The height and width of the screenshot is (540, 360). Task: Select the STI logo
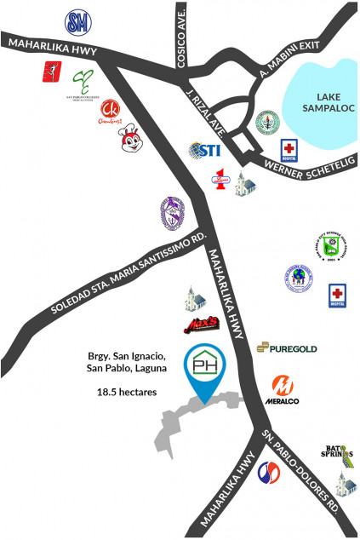tap(205, 151)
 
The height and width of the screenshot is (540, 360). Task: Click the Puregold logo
tap(286, 347)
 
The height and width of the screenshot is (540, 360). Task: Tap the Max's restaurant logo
tap(203, 325)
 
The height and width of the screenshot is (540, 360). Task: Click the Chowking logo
tap(111, 112)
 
